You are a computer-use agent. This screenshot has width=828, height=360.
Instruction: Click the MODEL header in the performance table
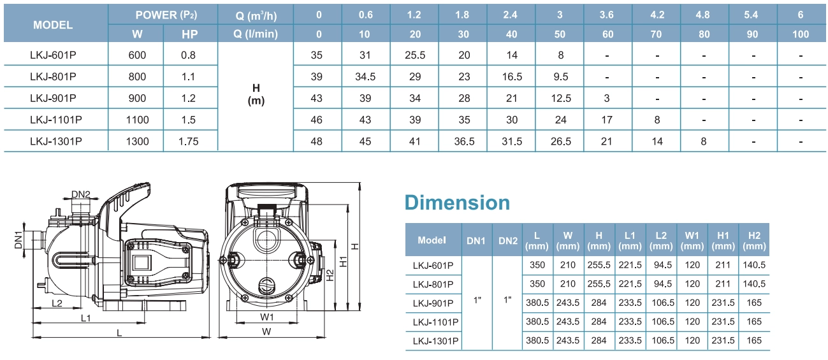[53, 25]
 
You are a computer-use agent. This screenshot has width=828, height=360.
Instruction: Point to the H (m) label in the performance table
[255, 94]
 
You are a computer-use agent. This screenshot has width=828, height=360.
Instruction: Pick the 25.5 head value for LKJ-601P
[415, 55]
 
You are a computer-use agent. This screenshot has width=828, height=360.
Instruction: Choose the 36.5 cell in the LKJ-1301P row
[464, 141]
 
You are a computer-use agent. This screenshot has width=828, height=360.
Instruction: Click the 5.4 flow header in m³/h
[752, 13]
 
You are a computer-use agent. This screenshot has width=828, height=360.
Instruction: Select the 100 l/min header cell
[800, 34]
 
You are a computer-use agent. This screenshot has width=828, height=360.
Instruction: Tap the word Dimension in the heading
[458, 203]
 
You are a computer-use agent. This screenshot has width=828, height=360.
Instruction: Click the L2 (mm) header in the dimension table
[661, 240]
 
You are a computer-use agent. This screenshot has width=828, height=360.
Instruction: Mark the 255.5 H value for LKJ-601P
[599, 265]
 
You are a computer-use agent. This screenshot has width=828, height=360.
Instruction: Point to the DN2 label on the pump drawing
[80, 194]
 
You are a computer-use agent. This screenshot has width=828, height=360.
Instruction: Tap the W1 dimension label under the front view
[266, 317]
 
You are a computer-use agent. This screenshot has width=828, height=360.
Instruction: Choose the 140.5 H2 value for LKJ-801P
[754, 284]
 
